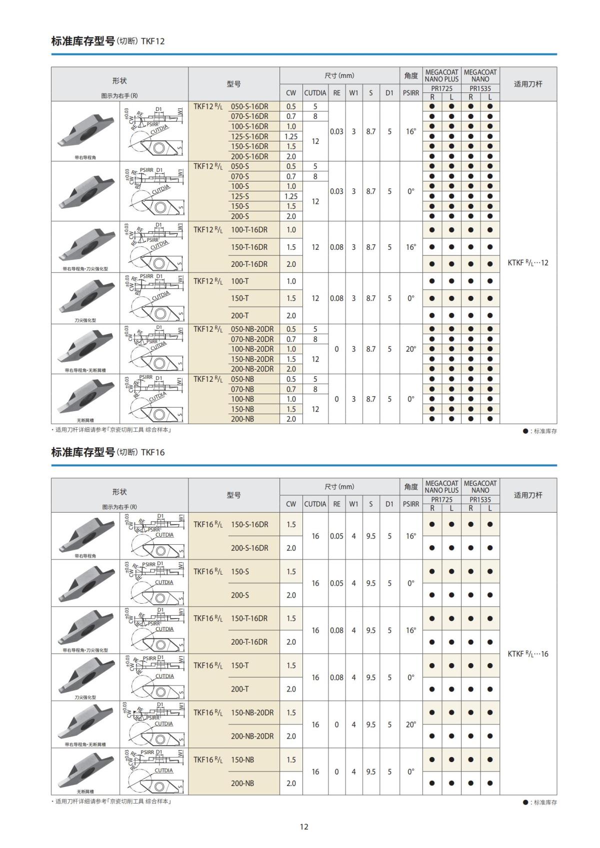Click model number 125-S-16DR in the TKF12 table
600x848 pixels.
coord(249,136)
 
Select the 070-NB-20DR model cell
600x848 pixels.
coord(252,339)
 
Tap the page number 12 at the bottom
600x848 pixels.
coord(304,827)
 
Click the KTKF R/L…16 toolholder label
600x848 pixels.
coord(528,654)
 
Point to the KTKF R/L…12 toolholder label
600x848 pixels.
coord(528,262)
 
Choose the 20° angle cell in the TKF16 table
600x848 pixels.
coord(411,725)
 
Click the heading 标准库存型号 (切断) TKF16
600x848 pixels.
coord(108,452)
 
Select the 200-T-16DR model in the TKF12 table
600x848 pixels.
coord(249,264)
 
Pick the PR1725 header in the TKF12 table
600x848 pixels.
coord(441,88)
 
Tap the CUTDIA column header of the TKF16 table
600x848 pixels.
coord(315,504)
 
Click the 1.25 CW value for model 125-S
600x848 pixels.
coord(291,196)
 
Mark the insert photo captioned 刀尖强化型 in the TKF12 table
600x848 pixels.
coord(85,298)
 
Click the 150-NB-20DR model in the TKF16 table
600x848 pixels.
coord(252,713)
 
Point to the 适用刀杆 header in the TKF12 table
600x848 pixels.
coord(528,84)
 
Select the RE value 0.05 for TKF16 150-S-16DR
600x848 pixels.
coord(336,536)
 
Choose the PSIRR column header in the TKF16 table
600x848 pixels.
coord(411,504)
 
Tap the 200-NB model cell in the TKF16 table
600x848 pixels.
coord(242,783)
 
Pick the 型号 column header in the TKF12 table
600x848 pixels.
coord(233,84)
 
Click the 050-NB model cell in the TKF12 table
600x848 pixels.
coord(242,379)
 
